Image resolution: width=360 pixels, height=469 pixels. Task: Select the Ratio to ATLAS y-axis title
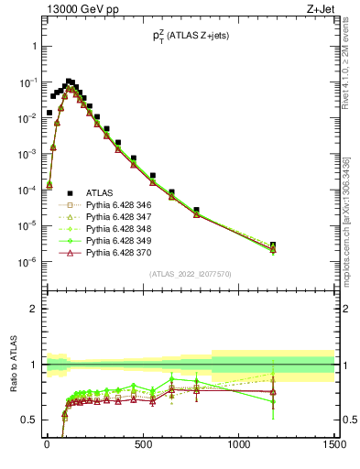pyautogui.click(x=12, y=364)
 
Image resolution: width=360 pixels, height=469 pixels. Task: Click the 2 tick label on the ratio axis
pyautogui.click(x=33, y=309)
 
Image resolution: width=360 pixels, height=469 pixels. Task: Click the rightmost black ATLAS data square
pyautogui.click(x=273, y=245)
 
